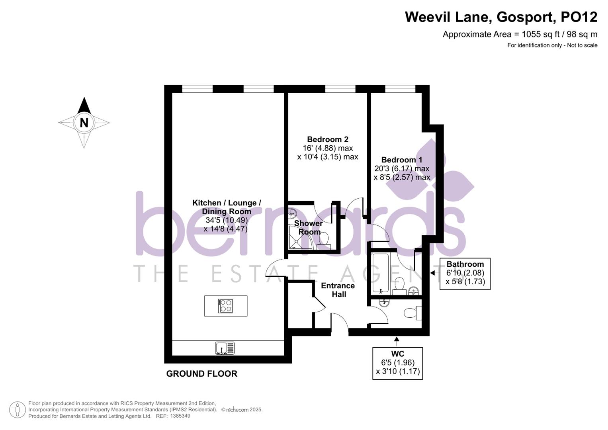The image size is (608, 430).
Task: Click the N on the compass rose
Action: point(84,123)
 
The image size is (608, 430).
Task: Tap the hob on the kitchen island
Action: point(226,306)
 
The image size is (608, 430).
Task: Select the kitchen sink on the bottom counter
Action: point(225,348)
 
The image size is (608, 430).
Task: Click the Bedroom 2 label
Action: point(328,139)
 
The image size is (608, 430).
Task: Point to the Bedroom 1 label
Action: point(402,160)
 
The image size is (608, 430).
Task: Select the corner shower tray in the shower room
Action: point(300,238)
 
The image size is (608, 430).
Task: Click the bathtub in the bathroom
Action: point(381,273)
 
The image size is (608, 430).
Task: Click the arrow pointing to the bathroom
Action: point(433,273)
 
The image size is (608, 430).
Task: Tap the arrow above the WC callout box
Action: point(397,340)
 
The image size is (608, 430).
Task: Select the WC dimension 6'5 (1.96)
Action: point(398,363)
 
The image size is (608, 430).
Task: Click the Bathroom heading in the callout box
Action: point(465,264)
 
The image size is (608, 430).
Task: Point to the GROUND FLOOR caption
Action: point(202,373)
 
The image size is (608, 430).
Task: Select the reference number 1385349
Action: point(180,416)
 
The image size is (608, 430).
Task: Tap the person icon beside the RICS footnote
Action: point(18,410)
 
